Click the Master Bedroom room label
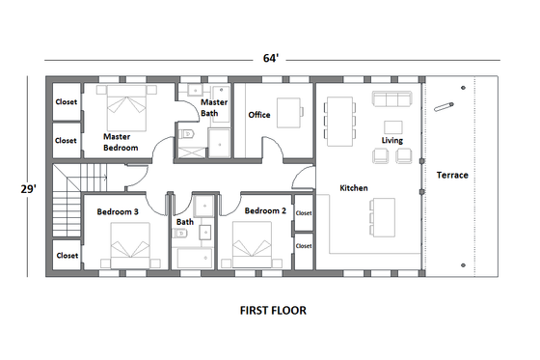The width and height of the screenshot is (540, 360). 121,142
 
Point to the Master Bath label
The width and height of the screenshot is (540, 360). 213,107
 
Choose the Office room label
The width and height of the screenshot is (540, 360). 258,115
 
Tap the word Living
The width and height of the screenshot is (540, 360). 391,141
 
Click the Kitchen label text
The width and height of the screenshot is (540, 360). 353,187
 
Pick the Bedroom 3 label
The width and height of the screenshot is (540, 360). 117,210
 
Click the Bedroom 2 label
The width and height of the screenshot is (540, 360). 265,210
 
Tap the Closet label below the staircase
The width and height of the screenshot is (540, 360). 67,256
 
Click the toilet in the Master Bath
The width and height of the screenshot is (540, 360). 188,134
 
